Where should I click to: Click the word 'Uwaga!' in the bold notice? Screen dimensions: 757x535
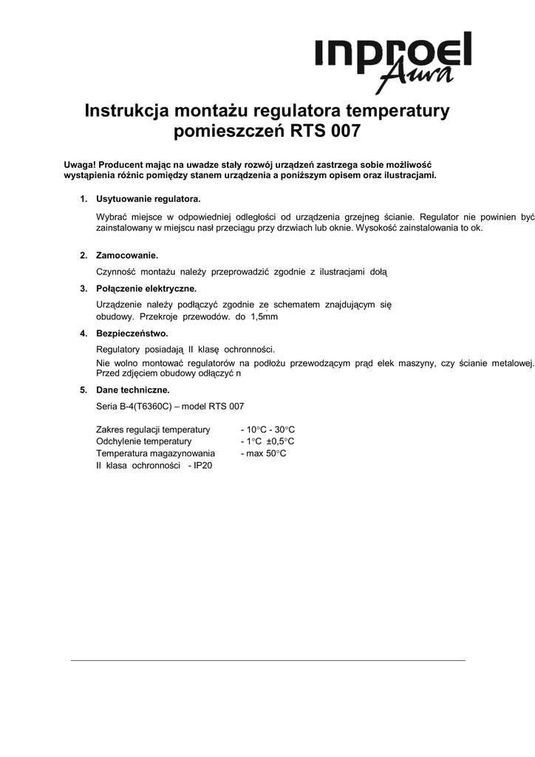pos(79,163)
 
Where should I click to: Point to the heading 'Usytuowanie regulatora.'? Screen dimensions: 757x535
pos(148,200)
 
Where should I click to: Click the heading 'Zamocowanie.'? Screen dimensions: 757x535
pos(127,256)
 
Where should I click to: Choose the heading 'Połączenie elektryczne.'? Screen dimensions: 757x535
pos(146,288)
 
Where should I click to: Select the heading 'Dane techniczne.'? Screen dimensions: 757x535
pos(132,390)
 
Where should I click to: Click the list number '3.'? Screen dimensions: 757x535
pos(84,288)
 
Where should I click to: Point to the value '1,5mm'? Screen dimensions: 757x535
pos(264,316)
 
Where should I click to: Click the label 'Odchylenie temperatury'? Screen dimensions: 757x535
pos(144,441)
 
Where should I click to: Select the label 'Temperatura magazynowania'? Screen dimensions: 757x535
pos(155,453)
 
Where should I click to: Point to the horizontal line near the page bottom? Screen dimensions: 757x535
pos(267,659)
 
